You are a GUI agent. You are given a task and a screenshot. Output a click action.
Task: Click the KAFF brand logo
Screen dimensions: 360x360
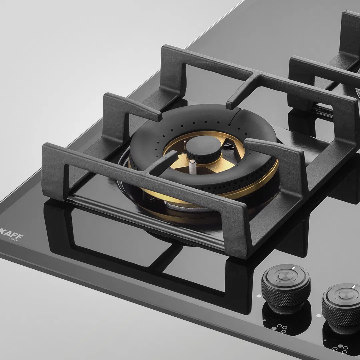point(12,236)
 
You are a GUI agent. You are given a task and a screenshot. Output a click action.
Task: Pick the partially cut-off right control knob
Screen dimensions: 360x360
point(341,304)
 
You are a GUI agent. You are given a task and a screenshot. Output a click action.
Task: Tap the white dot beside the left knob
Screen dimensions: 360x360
point(259,296)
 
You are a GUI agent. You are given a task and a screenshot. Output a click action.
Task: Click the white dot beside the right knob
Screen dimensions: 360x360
point(319,315)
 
